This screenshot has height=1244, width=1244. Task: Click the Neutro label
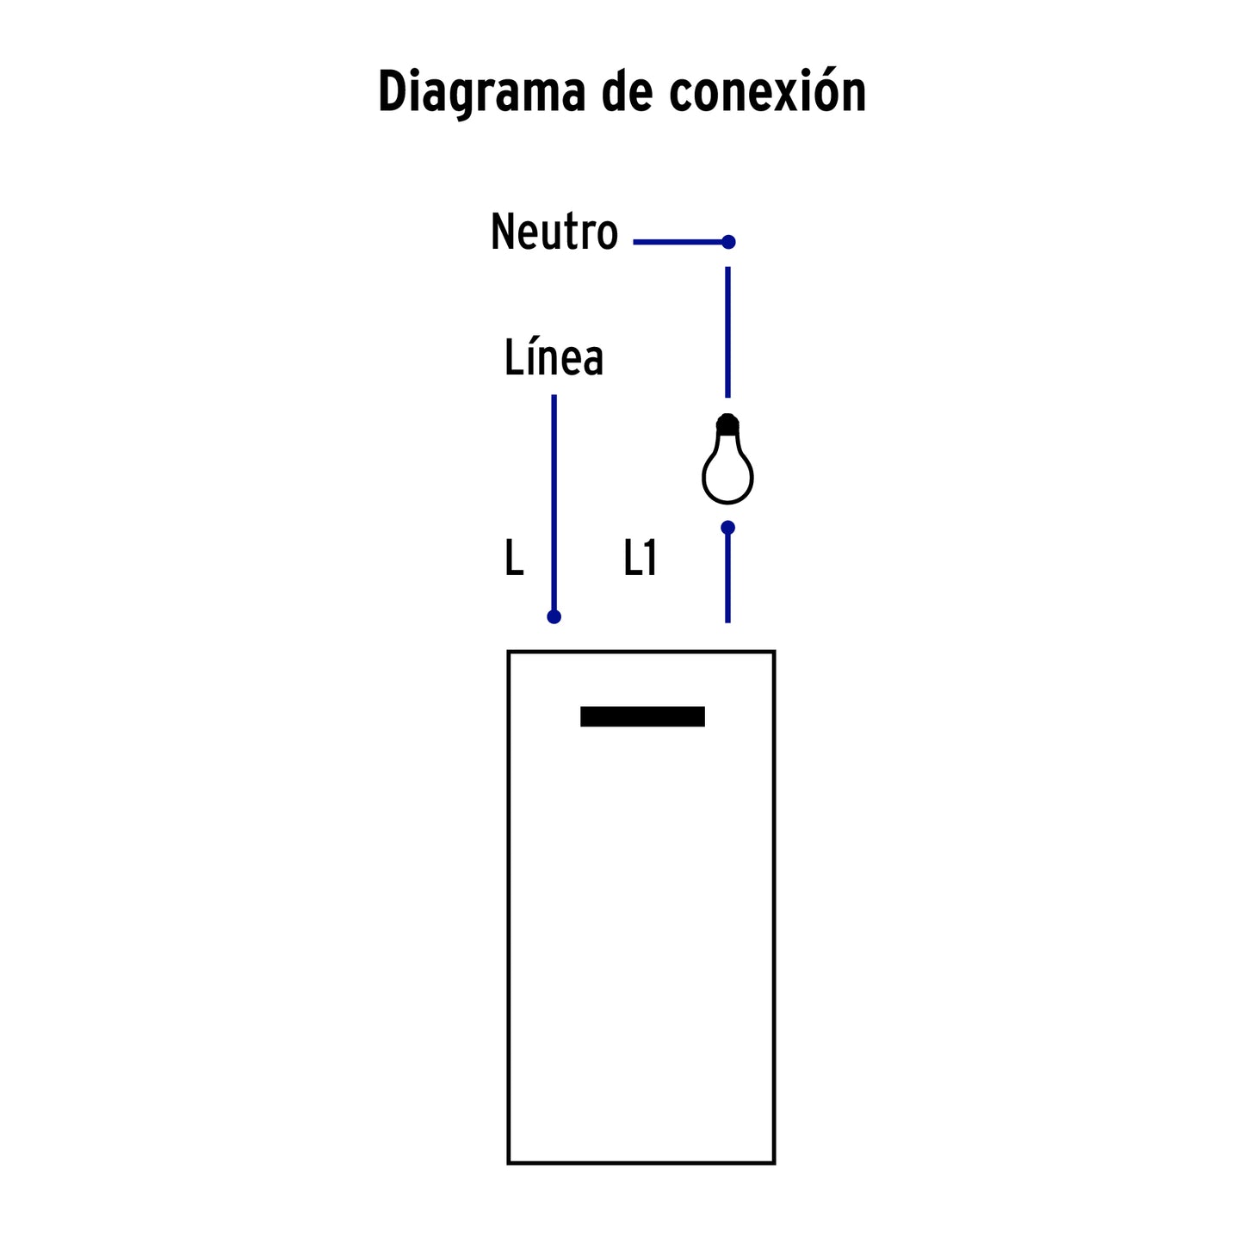(554, 231)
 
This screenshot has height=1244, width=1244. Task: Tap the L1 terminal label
(640, 557)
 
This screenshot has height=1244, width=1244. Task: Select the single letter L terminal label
(514, 557)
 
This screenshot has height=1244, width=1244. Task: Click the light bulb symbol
(727, 458)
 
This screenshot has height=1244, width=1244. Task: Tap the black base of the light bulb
(727, 424)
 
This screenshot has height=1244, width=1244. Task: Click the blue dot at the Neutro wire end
(728, 242)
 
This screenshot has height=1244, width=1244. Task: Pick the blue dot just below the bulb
(727, 528)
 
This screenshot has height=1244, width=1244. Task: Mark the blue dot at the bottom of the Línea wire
(554, 617)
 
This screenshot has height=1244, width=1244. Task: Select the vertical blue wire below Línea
(554, 505)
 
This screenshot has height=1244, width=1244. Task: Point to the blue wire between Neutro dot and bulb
(727, 331)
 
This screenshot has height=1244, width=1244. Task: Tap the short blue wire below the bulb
(727, 575)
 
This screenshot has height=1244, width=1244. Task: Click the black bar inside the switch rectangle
(642, 716)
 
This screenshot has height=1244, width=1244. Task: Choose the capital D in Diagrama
(393, 90)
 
